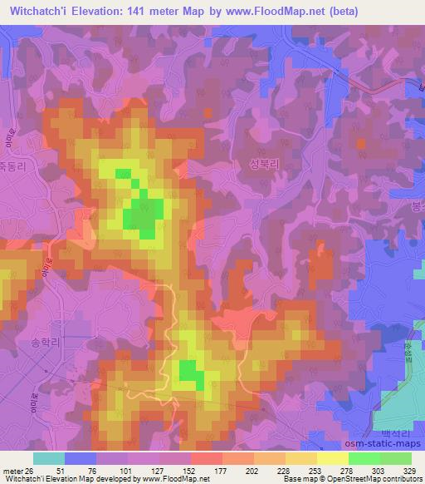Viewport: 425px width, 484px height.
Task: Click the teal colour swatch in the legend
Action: click(49, 457)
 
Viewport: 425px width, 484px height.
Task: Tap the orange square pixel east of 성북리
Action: click(360, 143)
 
